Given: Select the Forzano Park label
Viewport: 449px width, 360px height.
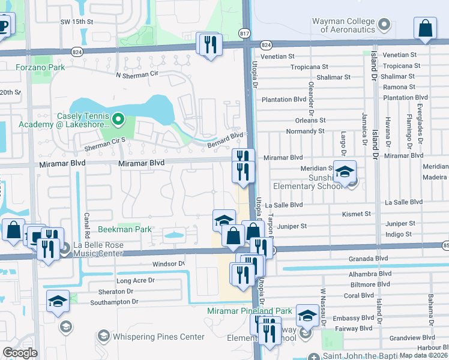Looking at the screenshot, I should pos(40,68).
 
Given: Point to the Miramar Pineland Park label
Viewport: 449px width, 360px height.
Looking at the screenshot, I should pos(249,311).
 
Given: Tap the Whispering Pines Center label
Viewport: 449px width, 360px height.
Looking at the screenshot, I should pos(158,337).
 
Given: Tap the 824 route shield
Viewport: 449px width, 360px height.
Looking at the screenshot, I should pos(267,45).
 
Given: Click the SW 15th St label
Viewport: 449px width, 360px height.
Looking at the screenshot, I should pos(77,22).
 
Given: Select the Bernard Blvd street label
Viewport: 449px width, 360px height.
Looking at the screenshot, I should pos(224,139).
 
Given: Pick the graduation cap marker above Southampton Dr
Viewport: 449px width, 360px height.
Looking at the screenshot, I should pos(58,301).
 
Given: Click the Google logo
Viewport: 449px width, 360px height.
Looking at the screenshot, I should pos(20,353).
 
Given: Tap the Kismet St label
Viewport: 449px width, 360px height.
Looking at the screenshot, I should pos(357,214).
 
